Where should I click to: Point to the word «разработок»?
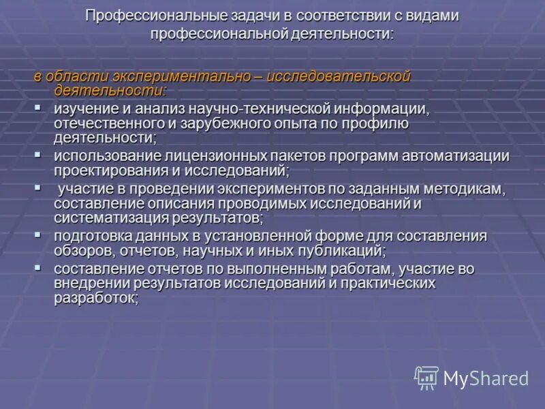96,298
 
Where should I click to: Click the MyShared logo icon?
426,377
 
